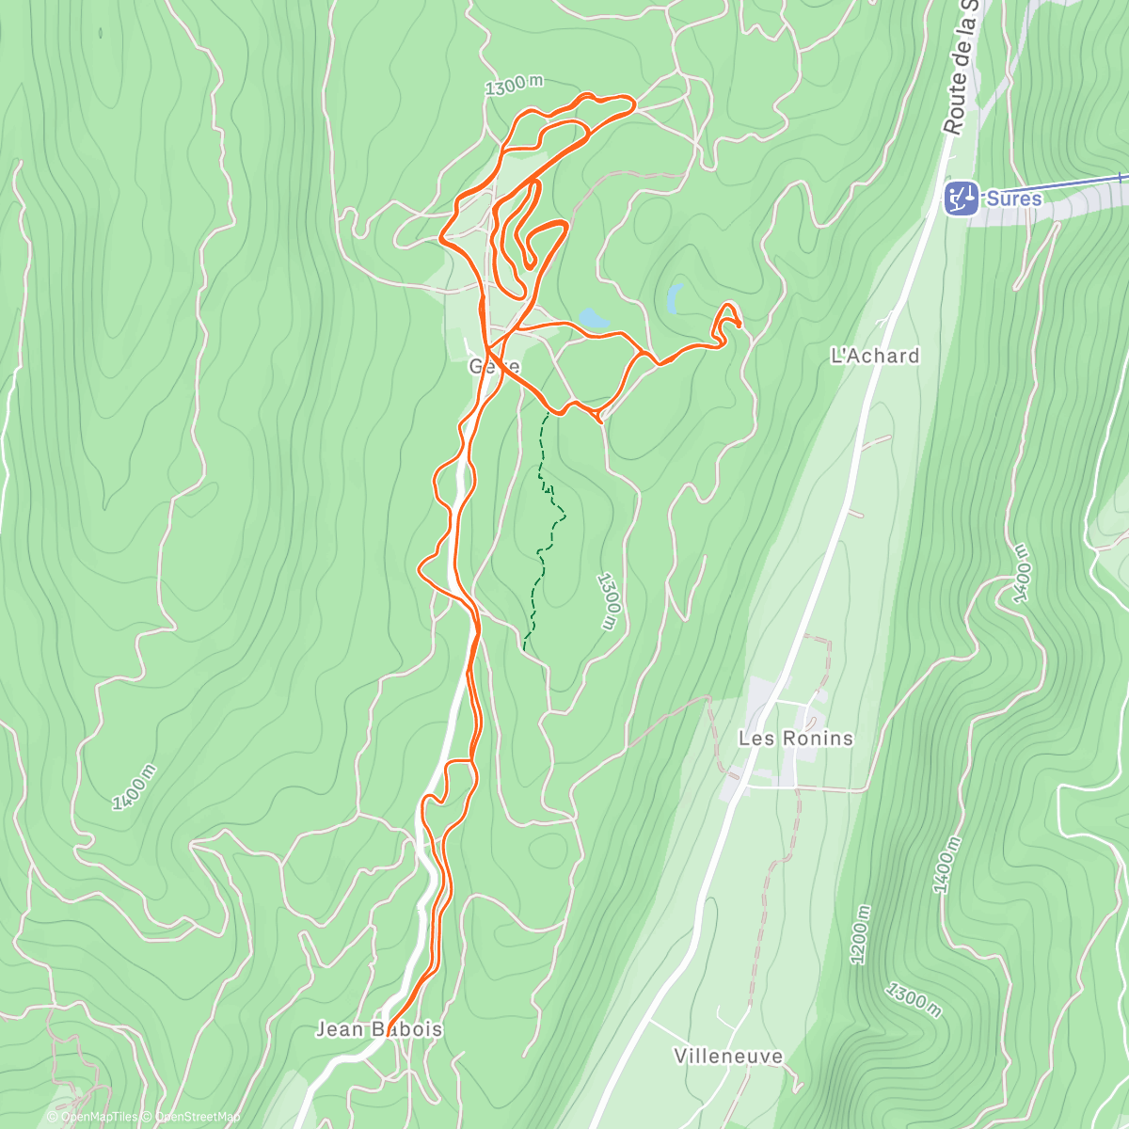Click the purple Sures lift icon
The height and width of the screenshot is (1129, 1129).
tap(961, 199)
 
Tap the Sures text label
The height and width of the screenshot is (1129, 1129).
tap(1014, 199)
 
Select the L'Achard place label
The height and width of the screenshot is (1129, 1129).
tap(874, 356)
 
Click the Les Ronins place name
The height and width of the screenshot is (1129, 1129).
tap(795, 738)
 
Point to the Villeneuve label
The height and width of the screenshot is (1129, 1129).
tap(728, 1056)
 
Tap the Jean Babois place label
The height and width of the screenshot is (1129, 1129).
tap(378, 1029)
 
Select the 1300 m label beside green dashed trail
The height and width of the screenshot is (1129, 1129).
tap(609, 602)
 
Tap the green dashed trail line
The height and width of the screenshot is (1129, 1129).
tap(543, 527)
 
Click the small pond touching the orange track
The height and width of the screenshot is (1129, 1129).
tap(594, 319)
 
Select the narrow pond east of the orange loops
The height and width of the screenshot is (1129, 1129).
tap(675, 298)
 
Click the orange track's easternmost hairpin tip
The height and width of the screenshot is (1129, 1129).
tap(739, 325)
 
